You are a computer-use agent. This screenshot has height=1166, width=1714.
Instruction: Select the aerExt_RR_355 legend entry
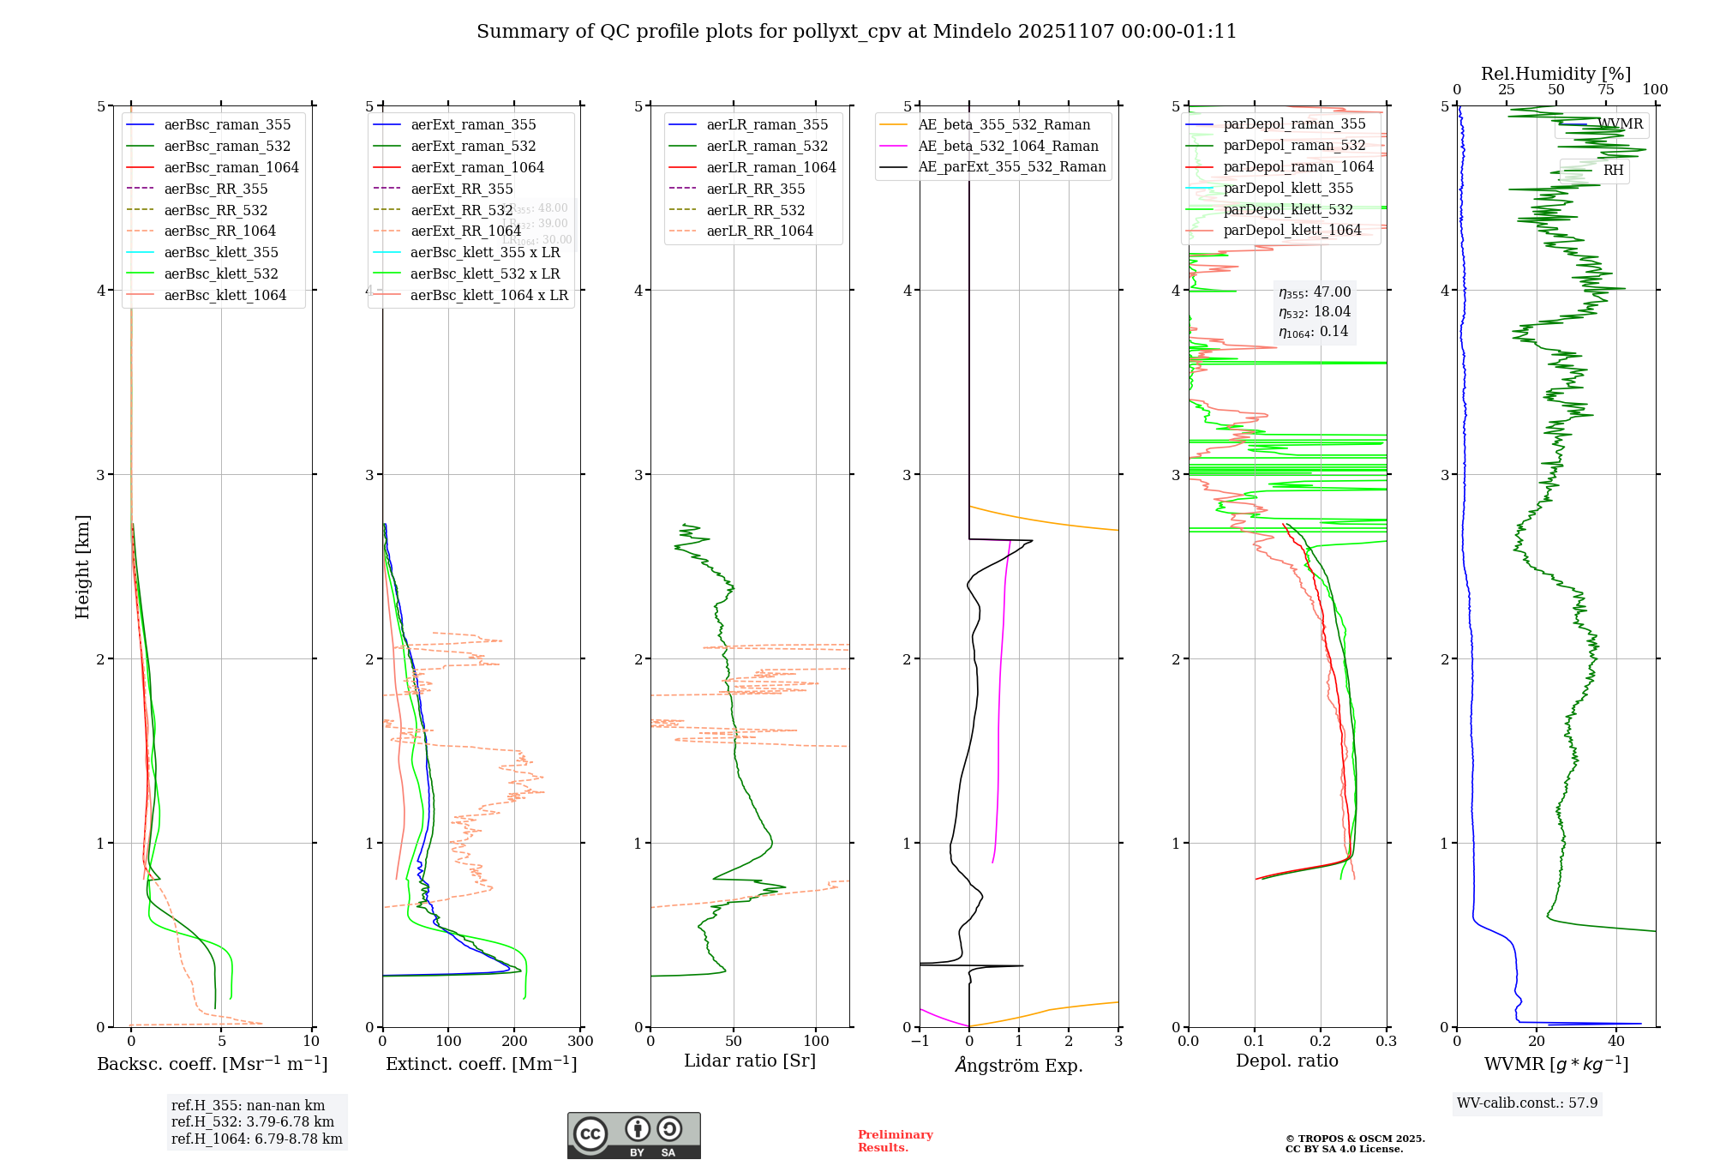461,189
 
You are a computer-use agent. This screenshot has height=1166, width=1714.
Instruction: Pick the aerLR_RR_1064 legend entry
759,231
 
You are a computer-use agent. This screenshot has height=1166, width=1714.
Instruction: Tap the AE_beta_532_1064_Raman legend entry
1008,146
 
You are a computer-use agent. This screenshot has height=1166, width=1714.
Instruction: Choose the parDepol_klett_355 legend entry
1288,188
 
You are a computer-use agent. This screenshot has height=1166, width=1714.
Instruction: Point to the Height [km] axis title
82,567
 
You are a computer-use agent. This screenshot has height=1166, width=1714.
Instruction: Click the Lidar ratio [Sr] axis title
750,1061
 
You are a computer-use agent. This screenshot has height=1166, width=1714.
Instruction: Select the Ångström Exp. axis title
1019,1065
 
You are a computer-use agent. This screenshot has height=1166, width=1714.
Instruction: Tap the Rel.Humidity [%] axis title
1555,74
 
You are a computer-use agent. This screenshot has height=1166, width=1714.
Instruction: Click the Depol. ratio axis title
1286,1061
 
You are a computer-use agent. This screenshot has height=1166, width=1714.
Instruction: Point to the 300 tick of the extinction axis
580,1042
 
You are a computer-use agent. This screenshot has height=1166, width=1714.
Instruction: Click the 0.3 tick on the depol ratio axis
1386,1042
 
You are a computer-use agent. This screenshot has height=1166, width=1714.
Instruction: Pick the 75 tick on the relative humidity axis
1606,90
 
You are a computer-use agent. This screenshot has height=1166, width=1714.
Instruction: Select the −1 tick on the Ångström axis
920,1042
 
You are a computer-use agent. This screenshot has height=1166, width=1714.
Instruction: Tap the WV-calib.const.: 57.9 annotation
1527,1103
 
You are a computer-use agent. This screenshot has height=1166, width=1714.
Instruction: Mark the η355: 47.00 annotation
1315,292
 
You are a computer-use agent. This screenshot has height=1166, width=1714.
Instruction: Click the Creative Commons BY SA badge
633,1135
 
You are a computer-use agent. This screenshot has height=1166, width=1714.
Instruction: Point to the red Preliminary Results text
895,1140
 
